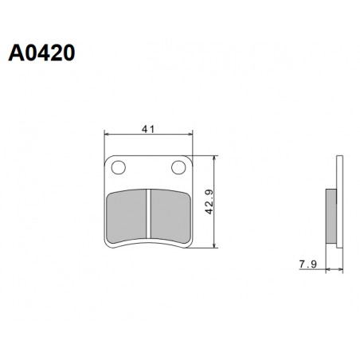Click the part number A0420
click(41, 53)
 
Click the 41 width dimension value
click(148, 129)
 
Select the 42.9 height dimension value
click(209, 202)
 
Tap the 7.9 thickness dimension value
click(308, 264)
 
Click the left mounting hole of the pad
click(119, 167)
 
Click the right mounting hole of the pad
click(178, 167)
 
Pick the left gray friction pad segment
click(127, 215)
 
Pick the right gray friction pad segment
click(170, 215)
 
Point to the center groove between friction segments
click(149, 213)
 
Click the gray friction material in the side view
click(331, 216)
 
